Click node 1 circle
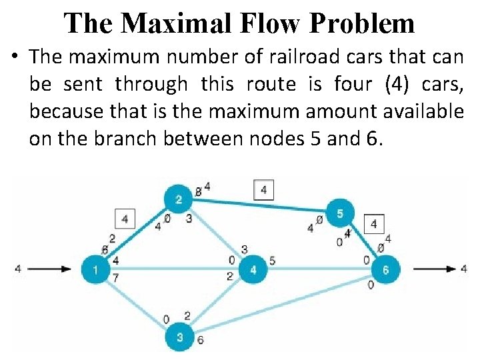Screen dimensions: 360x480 pyautogui.click(x=96, y=269)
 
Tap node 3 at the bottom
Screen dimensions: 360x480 pyautogui.click(x=179, y=337)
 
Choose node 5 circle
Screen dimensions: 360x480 pyautogui.click(x=340, y=213)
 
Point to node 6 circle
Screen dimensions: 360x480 pyautogui.click(x=385, y=269)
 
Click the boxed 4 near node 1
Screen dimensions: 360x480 pyautogui.click(x=125, y=218)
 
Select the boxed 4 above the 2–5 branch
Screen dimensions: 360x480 pyautogui.click(x=264, y=191)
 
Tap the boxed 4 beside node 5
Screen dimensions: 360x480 pyautogui.click(x=374, y=224)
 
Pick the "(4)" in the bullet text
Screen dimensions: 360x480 pyautogui.click(x=393, y=85)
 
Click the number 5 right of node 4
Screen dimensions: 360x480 pyautogui.click(x=272, y=261)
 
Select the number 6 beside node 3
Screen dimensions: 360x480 pyautogui.click(x=201, y=340)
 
